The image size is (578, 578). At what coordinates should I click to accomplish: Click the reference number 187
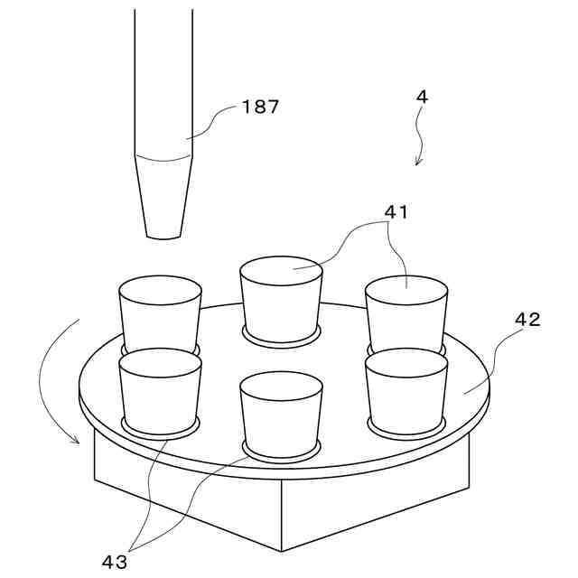[261, 107]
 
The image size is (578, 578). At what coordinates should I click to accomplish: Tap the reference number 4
[423, 95]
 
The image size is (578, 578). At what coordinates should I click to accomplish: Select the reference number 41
[396, 212]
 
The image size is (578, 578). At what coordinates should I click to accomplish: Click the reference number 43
[115, 561]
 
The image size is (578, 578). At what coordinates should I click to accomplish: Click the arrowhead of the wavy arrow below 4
[418, 163]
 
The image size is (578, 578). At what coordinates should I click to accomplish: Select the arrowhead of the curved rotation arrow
[77, 439]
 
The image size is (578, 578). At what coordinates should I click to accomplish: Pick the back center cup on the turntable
[281, 301]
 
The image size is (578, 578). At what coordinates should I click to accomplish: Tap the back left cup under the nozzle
[161, 312]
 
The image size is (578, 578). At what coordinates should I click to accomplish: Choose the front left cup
[159, 390]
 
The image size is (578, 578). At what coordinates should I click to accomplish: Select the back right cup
[406, 312]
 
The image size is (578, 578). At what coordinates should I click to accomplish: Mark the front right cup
[406, 390]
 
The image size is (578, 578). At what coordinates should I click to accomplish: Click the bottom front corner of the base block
[283, 550]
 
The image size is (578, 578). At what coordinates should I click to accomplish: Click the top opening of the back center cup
[281, 269]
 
